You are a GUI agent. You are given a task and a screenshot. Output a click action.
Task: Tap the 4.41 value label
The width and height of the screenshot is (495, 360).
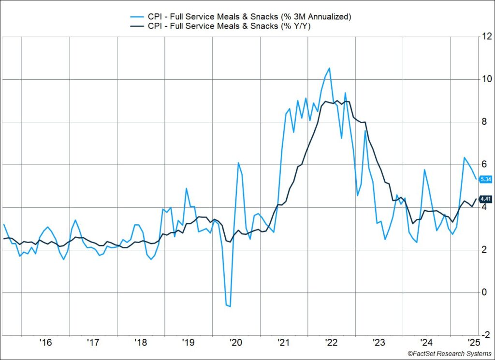pyautogui.click(x=485, y=199)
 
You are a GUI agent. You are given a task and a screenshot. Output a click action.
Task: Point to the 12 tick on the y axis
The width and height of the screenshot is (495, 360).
pyautogui.click(x=485, y=37)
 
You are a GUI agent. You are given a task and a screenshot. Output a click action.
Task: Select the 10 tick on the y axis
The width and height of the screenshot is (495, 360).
pyautogui.click(x=485, y=79)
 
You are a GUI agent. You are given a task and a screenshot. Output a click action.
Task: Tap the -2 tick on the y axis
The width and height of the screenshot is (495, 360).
pyautogui.click(x=484, y=335)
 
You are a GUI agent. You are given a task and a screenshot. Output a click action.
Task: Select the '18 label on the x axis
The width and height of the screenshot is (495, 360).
pyautogui.click(x=141, y=343)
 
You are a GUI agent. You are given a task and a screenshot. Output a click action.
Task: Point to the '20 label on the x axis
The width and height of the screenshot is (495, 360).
pyautogui.click(x=236, y=343)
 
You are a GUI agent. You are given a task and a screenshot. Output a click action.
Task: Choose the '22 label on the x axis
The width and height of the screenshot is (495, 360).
pyautogui.click(x=331, y=343)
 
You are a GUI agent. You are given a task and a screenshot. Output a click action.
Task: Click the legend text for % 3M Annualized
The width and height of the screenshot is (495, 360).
pyautogui.click(x=249, y=16)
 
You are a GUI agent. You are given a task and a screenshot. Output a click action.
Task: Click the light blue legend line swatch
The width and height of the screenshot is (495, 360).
pyautogui.click(x=135, y=16)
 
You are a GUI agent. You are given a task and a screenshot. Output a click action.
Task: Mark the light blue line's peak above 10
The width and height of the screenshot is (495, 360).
pyautogui.click(x=329, y=68)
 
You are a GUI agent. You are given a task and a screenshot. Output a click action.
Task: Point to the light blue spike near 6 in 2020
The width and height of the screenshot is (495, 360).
pyautogui.click(x=238, y=163)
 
